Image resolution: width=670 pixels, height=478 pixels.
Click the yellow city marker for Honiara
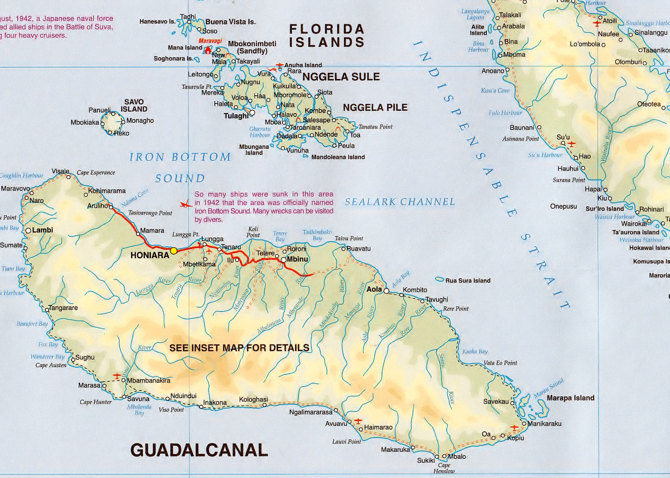click(174, 251)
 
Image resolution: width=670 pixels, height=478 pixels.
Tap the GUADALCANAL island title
click(199, 450)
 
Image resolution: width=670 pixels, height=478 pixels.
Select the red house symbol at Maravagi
click(208, 50)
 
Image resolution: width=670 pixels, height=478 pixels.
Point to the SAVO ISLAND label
click(134, 106)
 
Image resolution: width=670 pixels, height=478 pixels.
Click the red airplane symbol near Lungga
click(209, 250)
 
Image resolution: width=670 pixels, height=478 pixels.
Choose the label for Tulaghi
click(236, 116)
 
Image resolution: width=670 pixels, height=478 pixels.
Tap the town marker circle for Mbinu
click(284, 260)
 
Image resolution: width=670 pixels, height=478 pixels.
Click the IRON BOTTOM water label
click(181, 157)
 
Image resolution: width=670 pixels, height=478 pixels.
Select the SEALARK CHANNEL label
click(400, 201)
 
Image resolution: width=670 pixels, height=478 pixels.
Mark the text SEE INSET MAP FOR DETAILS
click(239, 348)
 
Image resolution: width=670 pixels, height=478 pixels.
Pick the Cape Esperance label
click(96, 173)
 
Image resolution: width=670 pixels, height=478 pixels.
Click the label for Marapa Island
click(570, 398)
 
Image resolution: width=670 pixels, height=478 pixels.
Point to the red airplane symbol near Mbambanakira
click(117, 376)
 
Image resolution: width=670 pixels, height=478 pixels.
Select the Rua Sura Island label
click(468, 280)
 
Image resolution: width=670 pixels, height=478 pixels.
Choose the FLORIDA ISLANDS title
click(327, 35)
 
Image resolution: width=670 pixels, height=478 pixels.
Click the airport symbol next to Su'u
click(572, 144)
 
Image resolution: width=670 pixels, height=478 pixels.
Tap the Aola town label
click(374, 289)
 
